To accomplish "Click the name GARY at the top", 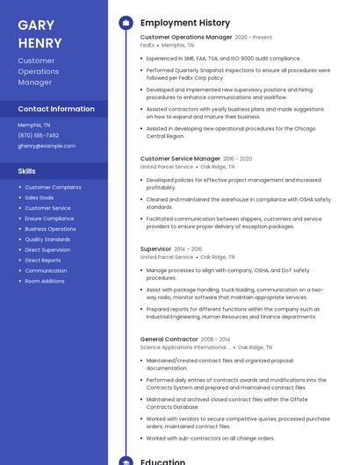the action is [36, 25].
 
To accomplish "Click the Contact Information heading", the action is [56, 109].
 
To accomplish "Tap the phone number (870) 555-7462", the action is [39, 135].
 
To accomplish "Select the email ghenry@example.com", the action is [47, 146].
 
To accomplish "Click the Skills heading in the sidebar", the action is [27, 171].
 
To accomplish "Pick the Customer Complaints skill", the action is [53, 187].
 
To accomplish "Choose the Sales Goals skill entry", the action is [40, 197].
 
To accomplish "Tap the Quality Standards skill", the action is [47, 240].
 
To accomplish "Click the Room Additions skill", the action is [45, 281].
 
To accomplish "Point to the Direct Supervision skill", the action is [47, 250].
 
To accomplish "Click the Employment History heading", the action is [185, 23].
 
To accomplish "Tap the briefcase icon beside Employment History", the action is [126, 23].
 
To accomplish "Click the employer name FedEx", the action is [148, 45].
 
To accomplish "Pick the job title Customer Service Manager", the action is [180, 159].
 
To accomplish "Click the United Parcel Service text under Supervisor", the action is [167, 257].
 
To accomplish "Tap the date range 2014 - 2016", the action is [188, 249].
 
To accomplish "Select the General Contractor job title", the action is [169, 339].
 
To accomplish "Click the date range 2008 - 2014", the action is [215, 339].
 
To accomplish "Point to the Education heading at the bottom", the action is [163, 461].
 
